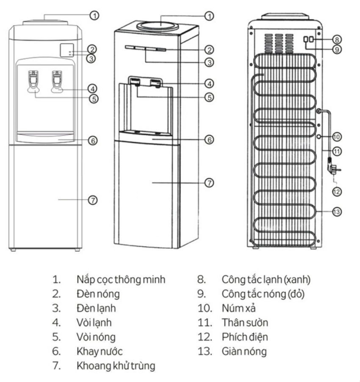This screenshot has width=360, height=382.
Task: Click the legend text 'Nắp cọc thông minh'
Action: coord(121,279)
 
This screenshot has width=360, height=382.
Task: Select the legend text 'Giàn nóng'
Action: coord(244,351)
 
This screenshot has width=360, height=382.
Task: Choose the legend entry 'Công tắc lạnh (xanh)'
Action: coord(266,279)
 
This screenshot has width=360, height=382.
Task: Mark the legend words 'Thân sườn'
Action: coord(245,323)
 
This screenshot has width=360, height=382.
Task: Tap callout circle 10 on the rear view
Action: coord(337,137)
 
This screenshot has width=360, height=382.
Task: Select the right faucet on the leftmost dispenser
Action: coord(57,82)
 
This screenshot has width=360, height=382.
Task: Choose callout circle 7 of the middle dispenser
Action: coord(209,183)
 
